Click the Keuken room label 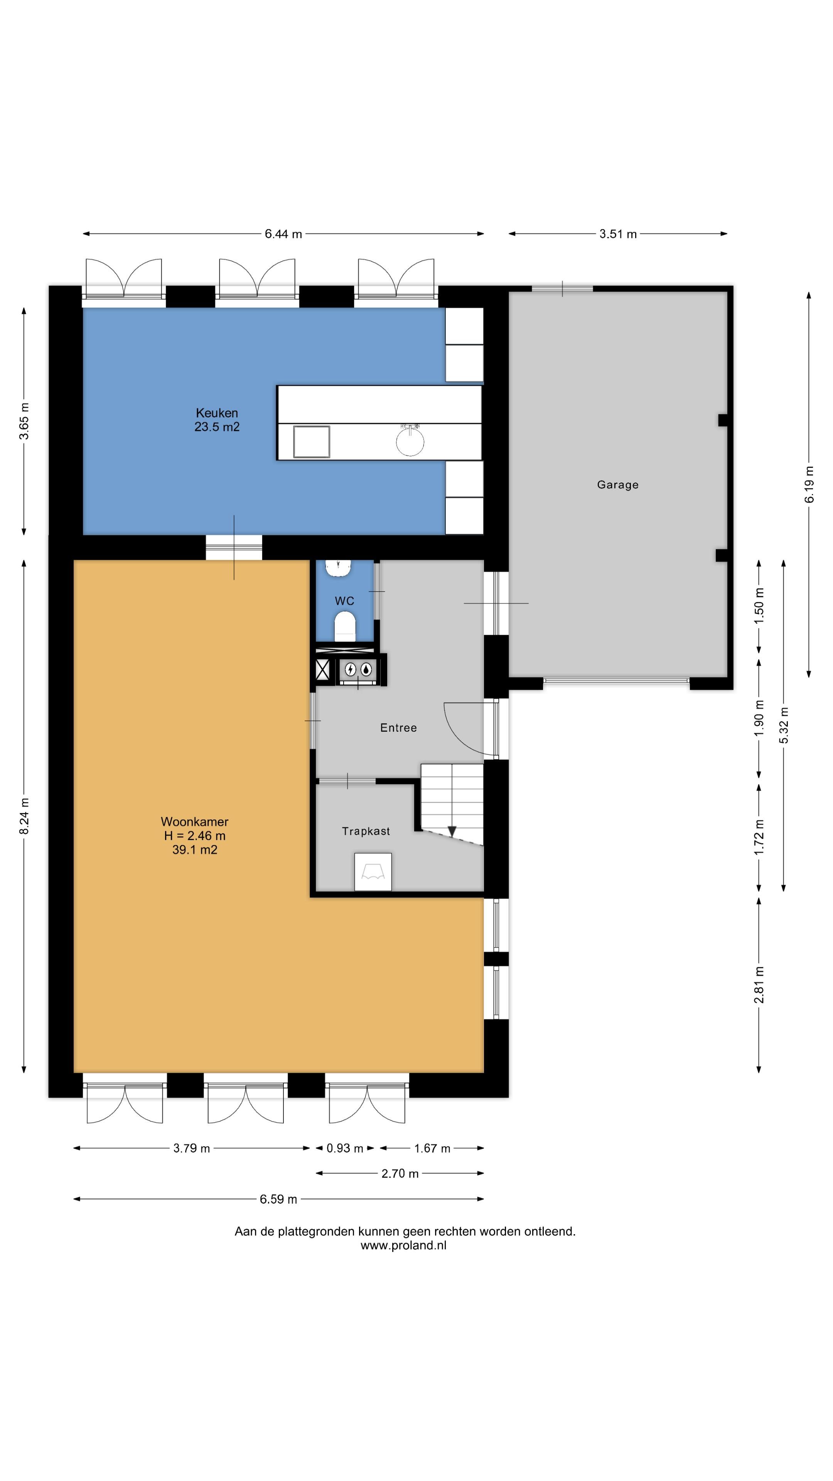coord(217,413)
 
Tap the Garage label coord(617,485)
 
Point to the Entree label coord(398,728)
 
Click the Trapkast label coord(366,832)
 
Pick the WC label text coord(344,601)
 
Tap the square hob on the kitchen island coord(312,442)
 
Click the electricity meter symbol coord(350,669)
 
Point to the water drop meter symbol coord(366,669)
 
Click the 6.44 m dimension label coord(283,234)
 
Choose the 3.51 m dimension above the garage coord(618,234)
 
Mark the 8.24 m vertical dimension coord(24,816)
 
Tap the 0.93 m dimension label coord(345,1148)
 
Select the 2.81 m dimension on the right coord(759,985)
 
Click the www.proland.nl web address coord(403,1245)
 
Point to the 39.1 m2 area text coord(195,850)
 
